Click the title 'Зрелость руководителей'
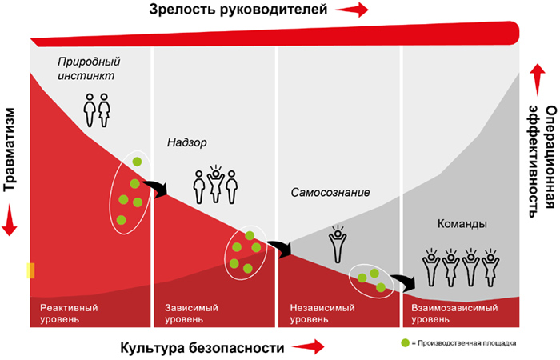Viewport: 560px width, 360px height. click(x=238, y=10)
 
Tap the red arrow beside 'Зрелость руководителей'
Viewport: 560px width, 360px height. click(x=352, y=10)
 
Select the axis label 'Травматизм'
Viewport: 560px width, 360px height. click(x=10, y=150)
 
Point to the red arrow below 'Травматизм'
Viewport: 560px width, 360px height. click(x=10, y=220)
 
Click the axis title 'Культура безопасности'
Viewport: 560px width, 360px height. click(x=202, y=347)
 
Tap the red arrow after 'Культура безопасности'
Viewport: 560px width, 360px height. click(x=308, y=346)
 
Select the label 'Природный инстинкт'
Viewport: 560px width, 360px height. click(x=89, y=68)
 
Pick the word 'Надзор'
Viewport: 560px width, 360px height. click(x=186, y=143)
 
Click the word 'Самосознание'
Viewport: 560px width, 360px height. click(x=330, y=193)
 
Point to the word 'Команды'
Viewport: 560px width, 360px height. click(x=462, y=224)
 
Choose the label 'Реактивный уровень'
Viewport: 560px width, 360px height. click(x=69, y=314)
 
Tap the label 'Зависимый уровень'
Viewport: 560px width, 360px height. click(x=191, y=314)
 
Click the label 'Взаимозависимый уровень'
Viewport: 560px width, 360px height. click(x=454, y=314)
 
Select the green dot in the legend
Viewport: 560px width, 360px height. click(x=405, y=343)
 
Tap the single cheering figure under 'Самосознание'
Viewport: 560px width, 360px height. click(x=338, y=244)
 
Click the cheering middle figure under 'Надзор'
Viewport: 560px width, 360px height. click(x=215, y=184)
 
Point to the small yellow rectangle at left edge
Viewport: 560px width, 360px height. click(x=30, y=270)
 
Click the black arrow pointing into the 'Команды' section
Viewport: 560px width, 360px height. click(x=403, y=281)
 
